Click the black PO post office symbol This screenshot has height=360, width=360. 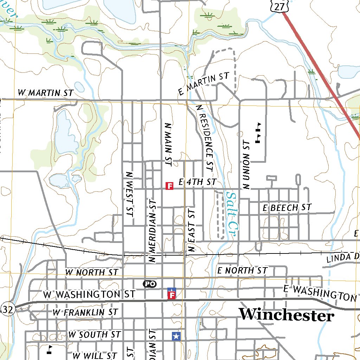coord(149,284)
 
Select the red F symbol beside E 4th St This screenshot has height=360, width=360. coord(169,186)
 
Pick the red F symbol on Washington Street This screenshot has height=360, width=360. coord(172,295)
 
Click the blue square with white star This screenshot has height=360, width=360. coord(176,336)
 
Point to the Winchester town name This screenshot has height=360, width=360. coord(286,315)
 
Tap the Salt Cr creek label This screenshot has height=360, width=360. coord(232,213)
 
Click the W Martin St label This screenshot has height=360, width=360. coord(45,93)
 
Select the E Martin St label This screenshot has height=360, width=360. coord(204,84)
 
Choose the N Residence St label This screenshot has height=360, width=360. coord(205,137)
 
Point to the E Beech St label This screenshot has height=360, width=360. coord(287,208)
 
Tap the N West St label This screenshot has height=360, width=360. coord(129,193)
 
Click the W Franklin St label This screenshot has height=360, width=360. coord(85,312)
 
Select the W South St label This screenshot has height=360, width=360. coord(95,335)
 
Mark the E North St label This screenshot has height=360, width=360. coord(242,270)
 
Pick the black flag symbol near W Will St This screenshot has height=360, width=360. coord(50,349)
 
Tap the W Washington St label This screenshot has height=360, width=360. coord(89,294)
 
